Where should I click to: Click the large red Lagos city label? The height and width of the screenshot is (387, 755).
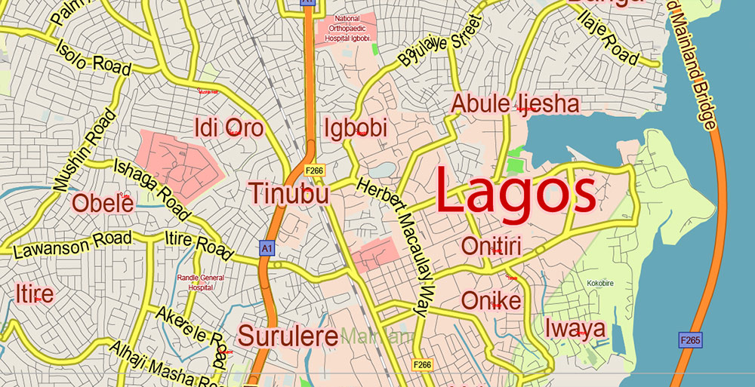(516, 193)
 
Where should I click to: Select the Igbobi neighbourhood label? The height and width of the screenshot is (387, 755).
(355, 128)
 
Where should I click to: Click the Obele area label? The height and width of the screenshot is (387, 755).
(103, 203)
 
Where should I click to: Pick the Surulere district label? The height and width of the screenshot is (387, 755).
(288, 336)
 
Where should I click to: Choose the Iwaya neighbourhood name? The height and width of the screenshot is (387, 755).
(575, 328)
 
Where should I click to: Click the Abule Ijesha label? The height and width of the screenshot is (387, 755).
(515, 104)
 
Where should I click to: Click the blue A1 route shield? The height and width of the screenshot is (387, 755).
(265, 247)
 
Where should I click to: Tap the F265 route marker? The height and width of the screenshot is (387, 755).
(690, 339)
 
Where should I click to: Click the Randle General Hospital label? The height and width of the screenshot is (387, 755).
(201, 282)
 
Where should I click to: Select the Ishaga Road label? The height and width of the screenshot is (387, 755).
(150, 186)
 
